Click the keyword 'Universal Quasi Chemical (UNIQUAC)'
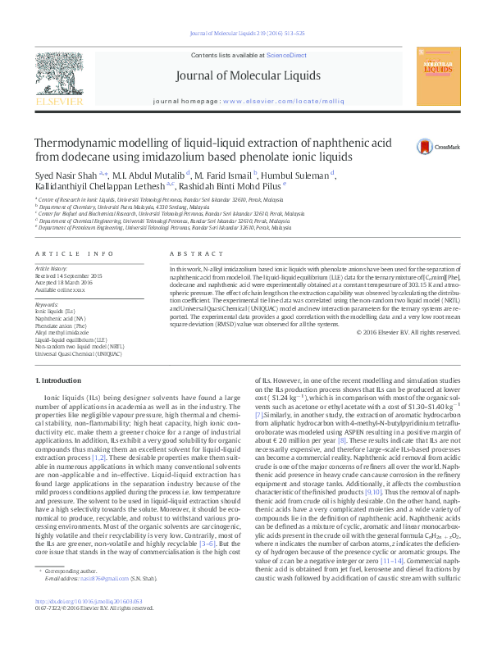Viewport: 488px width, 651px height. (x=78, y=353)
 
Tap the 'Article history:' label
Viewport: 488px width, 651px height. (x=52, y=268)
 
